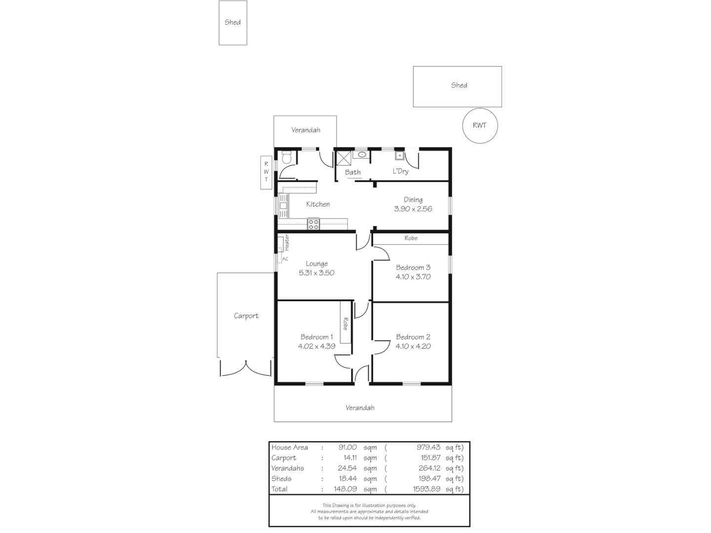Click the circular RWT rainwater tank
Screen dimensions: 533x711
click(479, 125)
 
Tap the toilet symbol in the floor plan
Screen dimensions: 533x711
click(286, 157)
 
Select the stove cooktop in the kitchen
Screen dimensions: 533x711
click(314, 225)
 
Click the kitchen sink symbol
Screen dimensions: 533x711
click(283, 206)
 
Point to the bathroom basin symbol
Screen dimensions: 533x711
click(361, 155)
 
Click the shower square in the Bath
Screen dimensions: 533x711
click(344, 158)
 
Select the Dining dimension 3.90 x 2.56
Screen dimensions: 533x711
click(413, 209)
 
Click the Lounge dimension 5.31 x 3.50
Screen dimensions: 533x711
click(316, 272)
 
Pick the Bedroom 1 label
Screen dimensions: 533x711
click(316, 337)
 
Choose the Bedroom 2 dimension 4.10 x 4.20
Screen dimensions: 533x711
click(413, 346)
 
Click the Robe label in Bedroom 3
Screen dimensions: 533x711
click(411, 238)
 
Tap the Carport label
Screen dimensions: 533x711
click(246, 316)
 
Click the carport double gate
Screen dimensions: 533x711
click(245, 368)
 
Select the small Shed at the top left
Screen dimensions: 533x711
click(233, 23)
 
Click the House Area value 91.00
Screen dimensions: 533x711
click(347, 448)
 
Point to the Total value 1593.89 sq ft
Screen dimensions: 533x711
click(426, 489)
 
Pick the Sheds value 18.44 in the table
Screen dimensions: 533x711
click(348, 479)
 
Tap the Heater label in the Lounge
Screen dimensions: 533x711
click(286, 243)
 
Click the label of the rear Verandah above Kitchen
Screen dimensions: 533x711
click(306, 130)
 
